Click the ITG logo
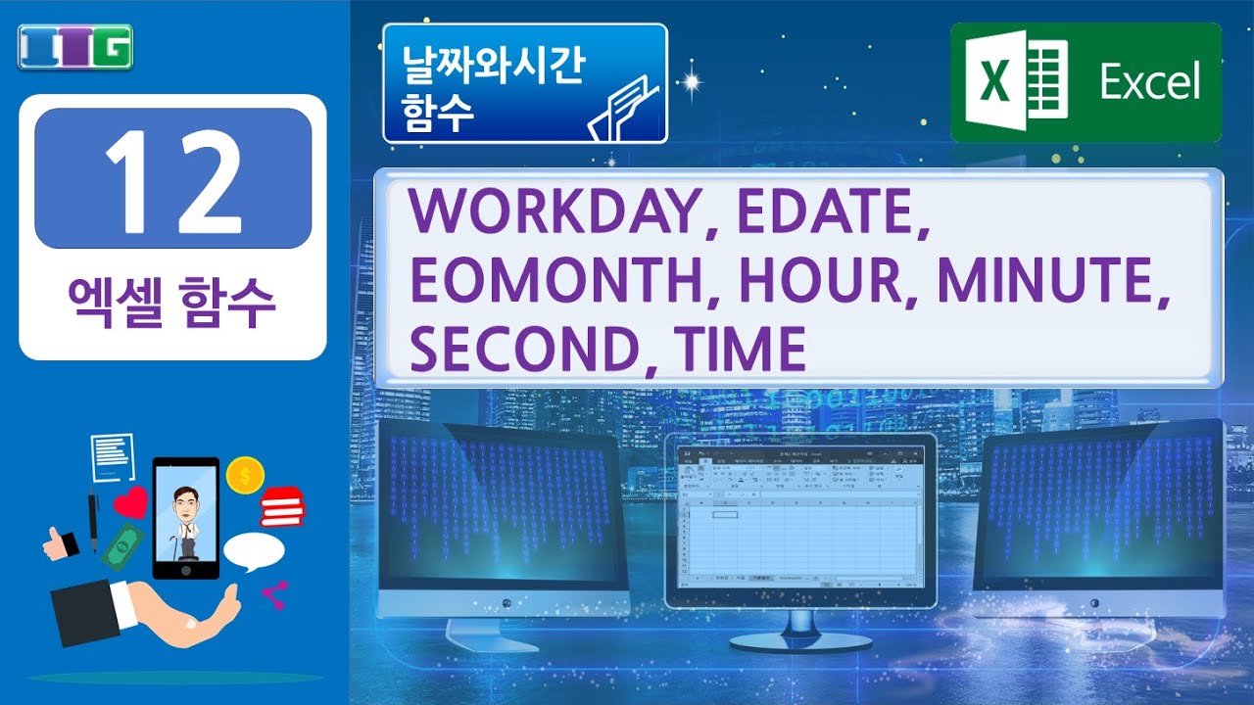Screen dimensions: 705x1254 74,46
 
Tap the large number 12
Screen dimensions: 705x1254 172,178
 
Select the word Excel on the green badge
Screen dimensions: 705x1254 1149,82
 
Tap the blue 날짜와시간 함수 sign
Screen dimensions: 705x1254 525,83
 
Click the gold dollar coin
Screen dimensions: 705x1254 245,476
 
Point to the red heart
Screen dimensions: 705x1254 130,503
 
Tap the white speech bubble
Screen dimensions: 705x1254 253,552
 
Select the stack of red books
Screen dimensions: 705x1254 282,507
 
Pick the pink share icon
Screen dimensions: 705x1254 274,594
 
